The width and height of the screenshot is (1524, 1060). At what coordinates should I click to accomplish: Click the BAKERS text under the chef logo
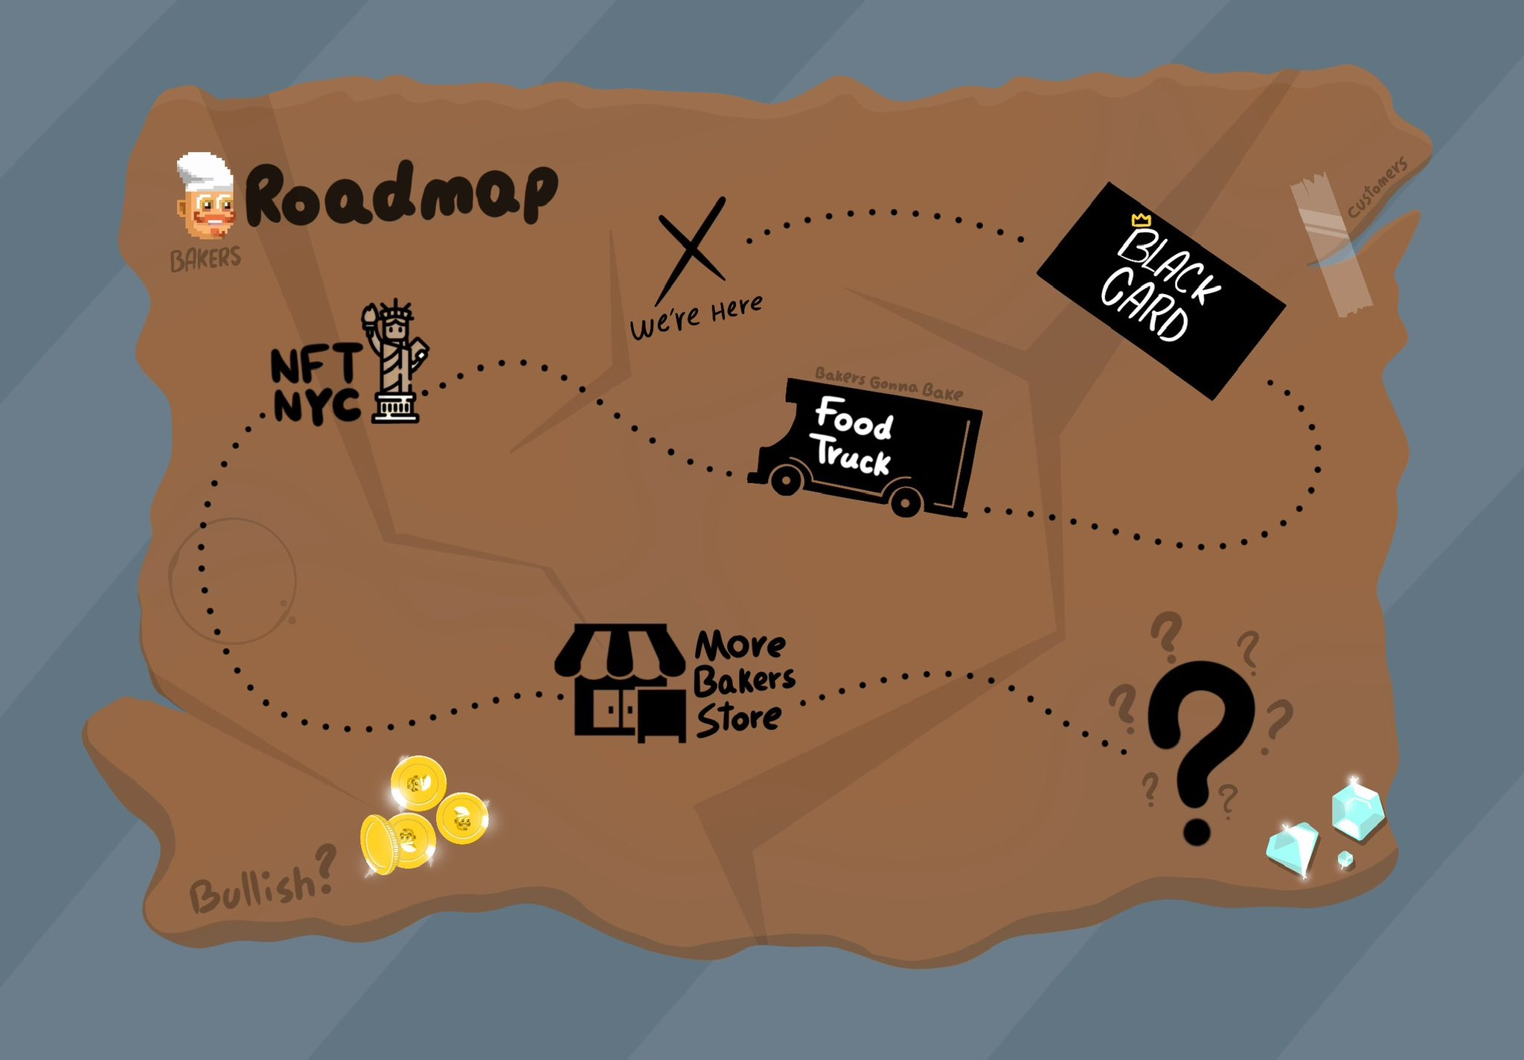(x=205, y=259)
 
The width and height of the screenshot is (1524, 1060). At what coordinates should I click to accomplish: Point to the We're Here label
(x=696, y=316)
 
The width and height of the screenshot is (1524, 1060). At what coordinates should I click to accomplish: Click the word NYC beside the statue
(x=317, y=406)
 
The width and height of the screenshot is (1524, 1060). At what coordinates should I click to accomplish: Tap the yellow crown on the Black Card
(x=1141, y=220)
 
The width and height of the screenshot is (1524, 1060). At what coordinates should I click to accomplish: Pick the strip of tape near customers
(x=1332, y=246)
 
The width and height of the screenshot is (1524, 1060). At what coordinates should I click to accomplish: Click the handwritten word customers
(x=1377, y=187)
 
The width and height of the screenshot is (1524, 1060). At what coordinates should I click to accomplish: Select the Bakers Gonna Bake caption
(x=889, y=383)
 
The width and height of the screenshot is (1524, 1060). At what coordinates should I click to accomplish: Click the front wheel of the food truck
(x=785, y=480)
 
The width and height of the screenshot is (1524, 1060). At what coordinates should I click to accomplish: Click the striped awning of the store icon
(x=620, y=650)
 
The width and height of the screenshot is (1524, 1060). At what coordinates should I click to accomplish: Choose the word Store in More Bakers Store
(x=738, y=719)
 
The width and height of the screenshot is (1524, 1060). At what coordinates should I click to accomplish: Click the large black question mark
(x=1198, y=744)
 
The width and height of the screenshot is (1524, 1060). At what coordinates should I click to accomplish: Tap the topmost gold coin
(x=418, y=782)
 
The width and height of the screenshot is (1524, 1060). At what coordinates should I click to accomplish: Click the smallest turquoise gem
(x=1345, y=860)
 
